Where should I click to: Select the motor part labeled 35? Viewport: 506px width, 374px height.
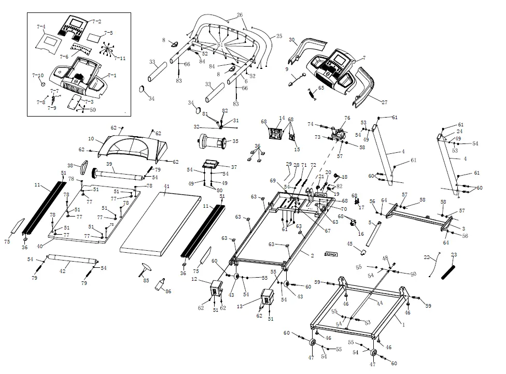[210, 141]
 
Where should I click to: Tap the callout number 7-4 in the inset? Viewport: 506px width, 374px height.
[41, 26]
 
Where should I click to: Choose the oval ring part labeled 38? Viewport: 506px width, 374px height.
[83, 168]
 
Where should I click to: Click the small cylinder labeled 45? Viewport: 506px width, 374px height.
[363, 252]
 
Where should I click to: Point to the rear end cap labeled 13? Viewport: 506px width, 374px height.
[267, 299]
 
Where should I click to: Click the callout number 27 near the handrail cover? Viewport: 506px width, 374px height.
[384, 103]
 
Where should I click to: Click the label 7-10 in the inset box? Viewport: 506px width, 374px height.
[37, 76]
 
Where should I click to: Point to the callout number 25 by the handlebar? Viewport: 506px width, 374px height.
[279, 36]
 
